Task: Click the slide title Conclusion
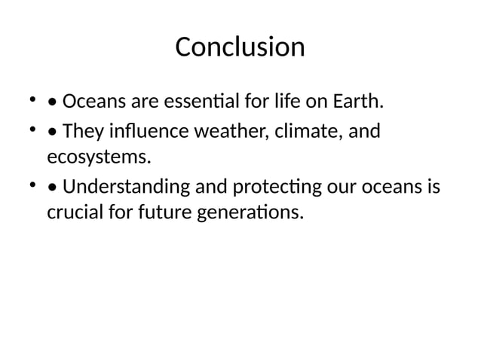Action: [240, 47]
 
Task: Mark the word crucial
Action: [75, 213]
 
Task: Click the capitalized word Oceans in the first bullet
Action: [94, 101]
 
